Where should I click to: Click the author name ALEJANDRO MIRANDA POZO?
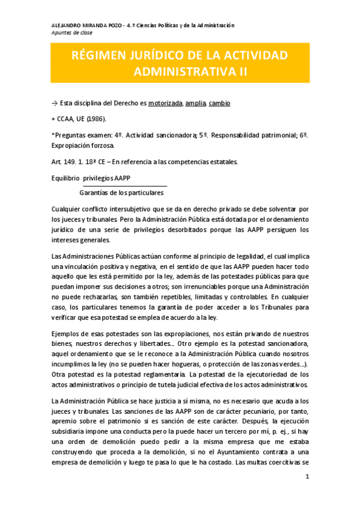point(85,25)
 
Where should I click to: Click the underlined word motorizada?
point(165,103)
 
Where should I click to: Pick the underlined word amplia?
point(195,103)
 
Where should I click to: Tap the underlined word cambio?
point(219,103)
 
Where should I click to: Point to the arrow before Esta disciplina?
point(55,103)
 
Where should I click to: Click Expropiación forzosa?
point(87,146)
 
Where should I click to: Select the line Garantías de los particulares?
point(121,193)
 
